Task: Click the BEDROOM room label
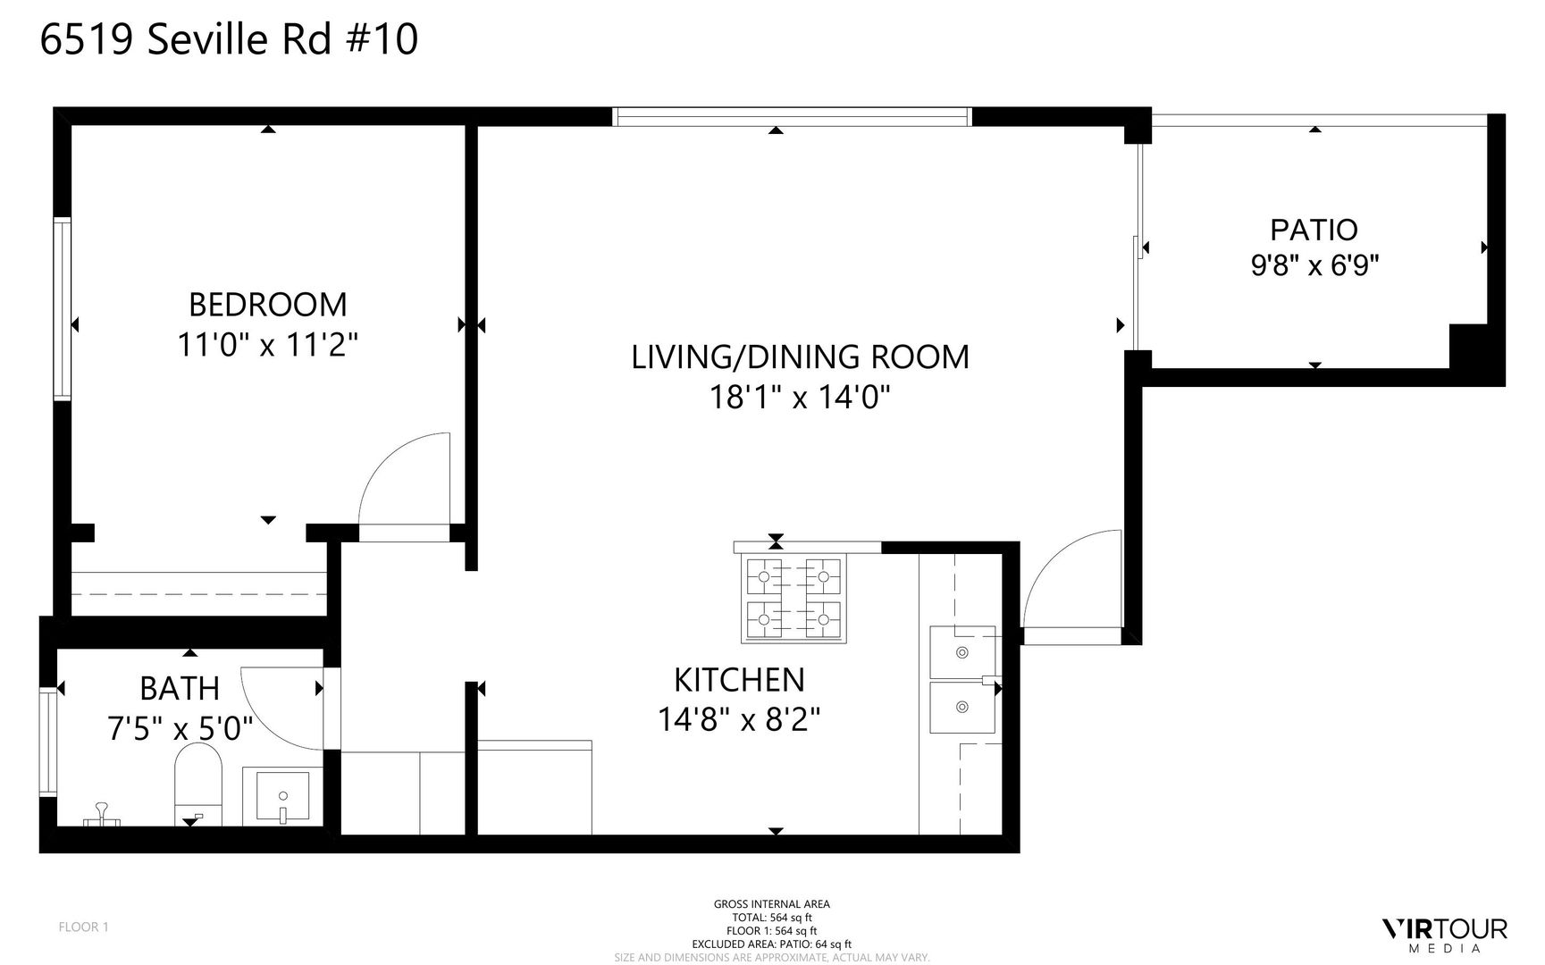click(268, 305)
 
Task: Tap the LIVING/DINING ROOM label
click(800, 357)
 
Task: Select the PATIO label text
click(1314, 230)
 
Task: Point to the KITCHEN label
click(739, 680)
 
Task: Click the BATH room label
click(180, 689)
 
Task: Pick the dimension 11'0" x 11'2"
click(268, 345)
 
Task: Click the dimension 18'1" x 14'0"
click(800, 396)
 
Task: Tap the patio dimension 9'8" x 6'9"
click(1314, 265)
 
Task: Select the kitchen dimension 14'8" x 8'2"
click(739, 718)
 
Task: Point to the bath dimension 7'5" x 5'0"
click(180, 728)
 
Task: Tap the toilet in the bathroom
click(198, 785)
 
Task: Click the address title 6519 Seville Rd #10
click(229, 40)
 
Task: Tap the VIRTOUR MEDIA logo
click(1444, 933)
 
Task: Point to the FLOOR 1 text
click(83, 927)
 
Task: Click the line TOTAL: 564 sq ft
click(771, 917)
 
